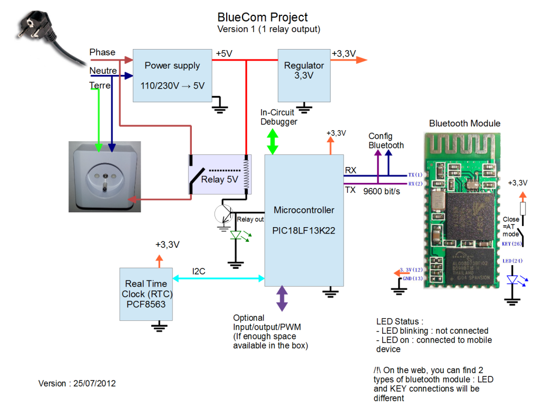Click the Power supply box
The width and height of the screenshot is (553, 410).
click(172, 75)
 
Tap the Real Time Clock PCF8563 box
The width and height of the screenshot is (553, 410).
click(145, 294)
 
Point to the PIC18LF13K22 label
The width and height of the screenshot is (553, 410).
click(304, 230)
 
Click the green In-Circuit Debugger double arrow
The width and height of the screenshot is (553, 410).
click(273, 142)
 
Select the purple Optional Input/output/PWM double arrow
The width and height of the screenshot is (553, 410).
click(282, 298)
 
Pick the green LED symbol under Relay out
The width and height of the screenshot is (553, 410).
click(237, 236)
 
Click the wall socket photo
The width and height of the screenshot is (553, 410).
click(104, 177)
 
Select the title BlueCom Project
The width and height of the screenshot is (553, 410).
click(263, 18)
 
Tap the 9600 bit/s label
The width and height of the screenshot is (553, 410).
click(382, 191)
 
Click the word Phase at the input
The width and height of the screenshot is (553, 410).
click(102, 52)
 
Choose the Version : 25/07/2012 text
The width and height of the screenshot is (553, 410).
click(77, 384)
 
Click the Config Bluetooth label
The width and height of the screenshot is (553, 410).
click(386, 141)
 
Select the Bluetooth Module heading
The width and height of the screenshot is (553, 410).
click(464, 123)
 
